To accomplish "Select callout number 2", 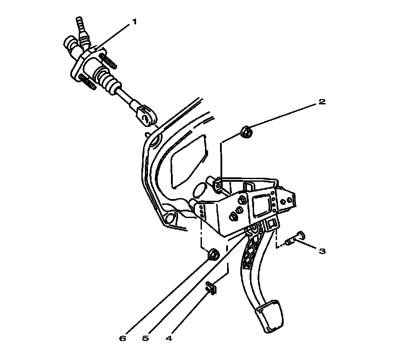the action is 322,102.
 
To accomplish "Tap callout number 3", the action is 322,251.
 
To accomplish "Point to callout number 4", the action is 168,339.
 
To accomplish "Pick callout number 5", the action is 145,339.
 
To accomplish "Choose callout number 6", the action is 122,339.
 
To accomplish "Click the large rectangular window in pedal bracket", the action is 262,204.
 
